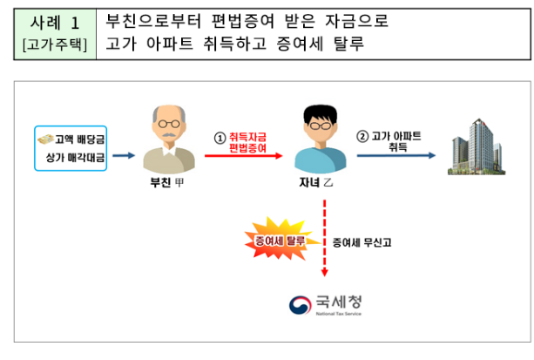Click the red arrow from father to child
[245, 157]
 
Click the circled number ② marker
[364, 137]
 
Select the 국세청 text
[340, 302]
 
